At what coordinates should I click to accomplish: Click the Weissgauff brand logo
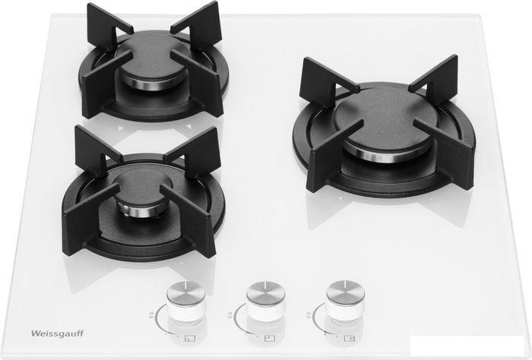57,333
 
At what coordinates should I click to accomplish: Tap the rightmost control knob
345,300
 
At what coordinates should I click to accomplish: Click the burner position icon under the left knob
189,338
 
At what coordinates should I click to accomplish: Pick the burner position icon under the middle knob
269,338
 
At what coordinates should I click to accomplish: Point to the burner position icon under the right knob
350,338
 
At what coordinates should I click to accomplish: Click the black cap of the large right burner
386,116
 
